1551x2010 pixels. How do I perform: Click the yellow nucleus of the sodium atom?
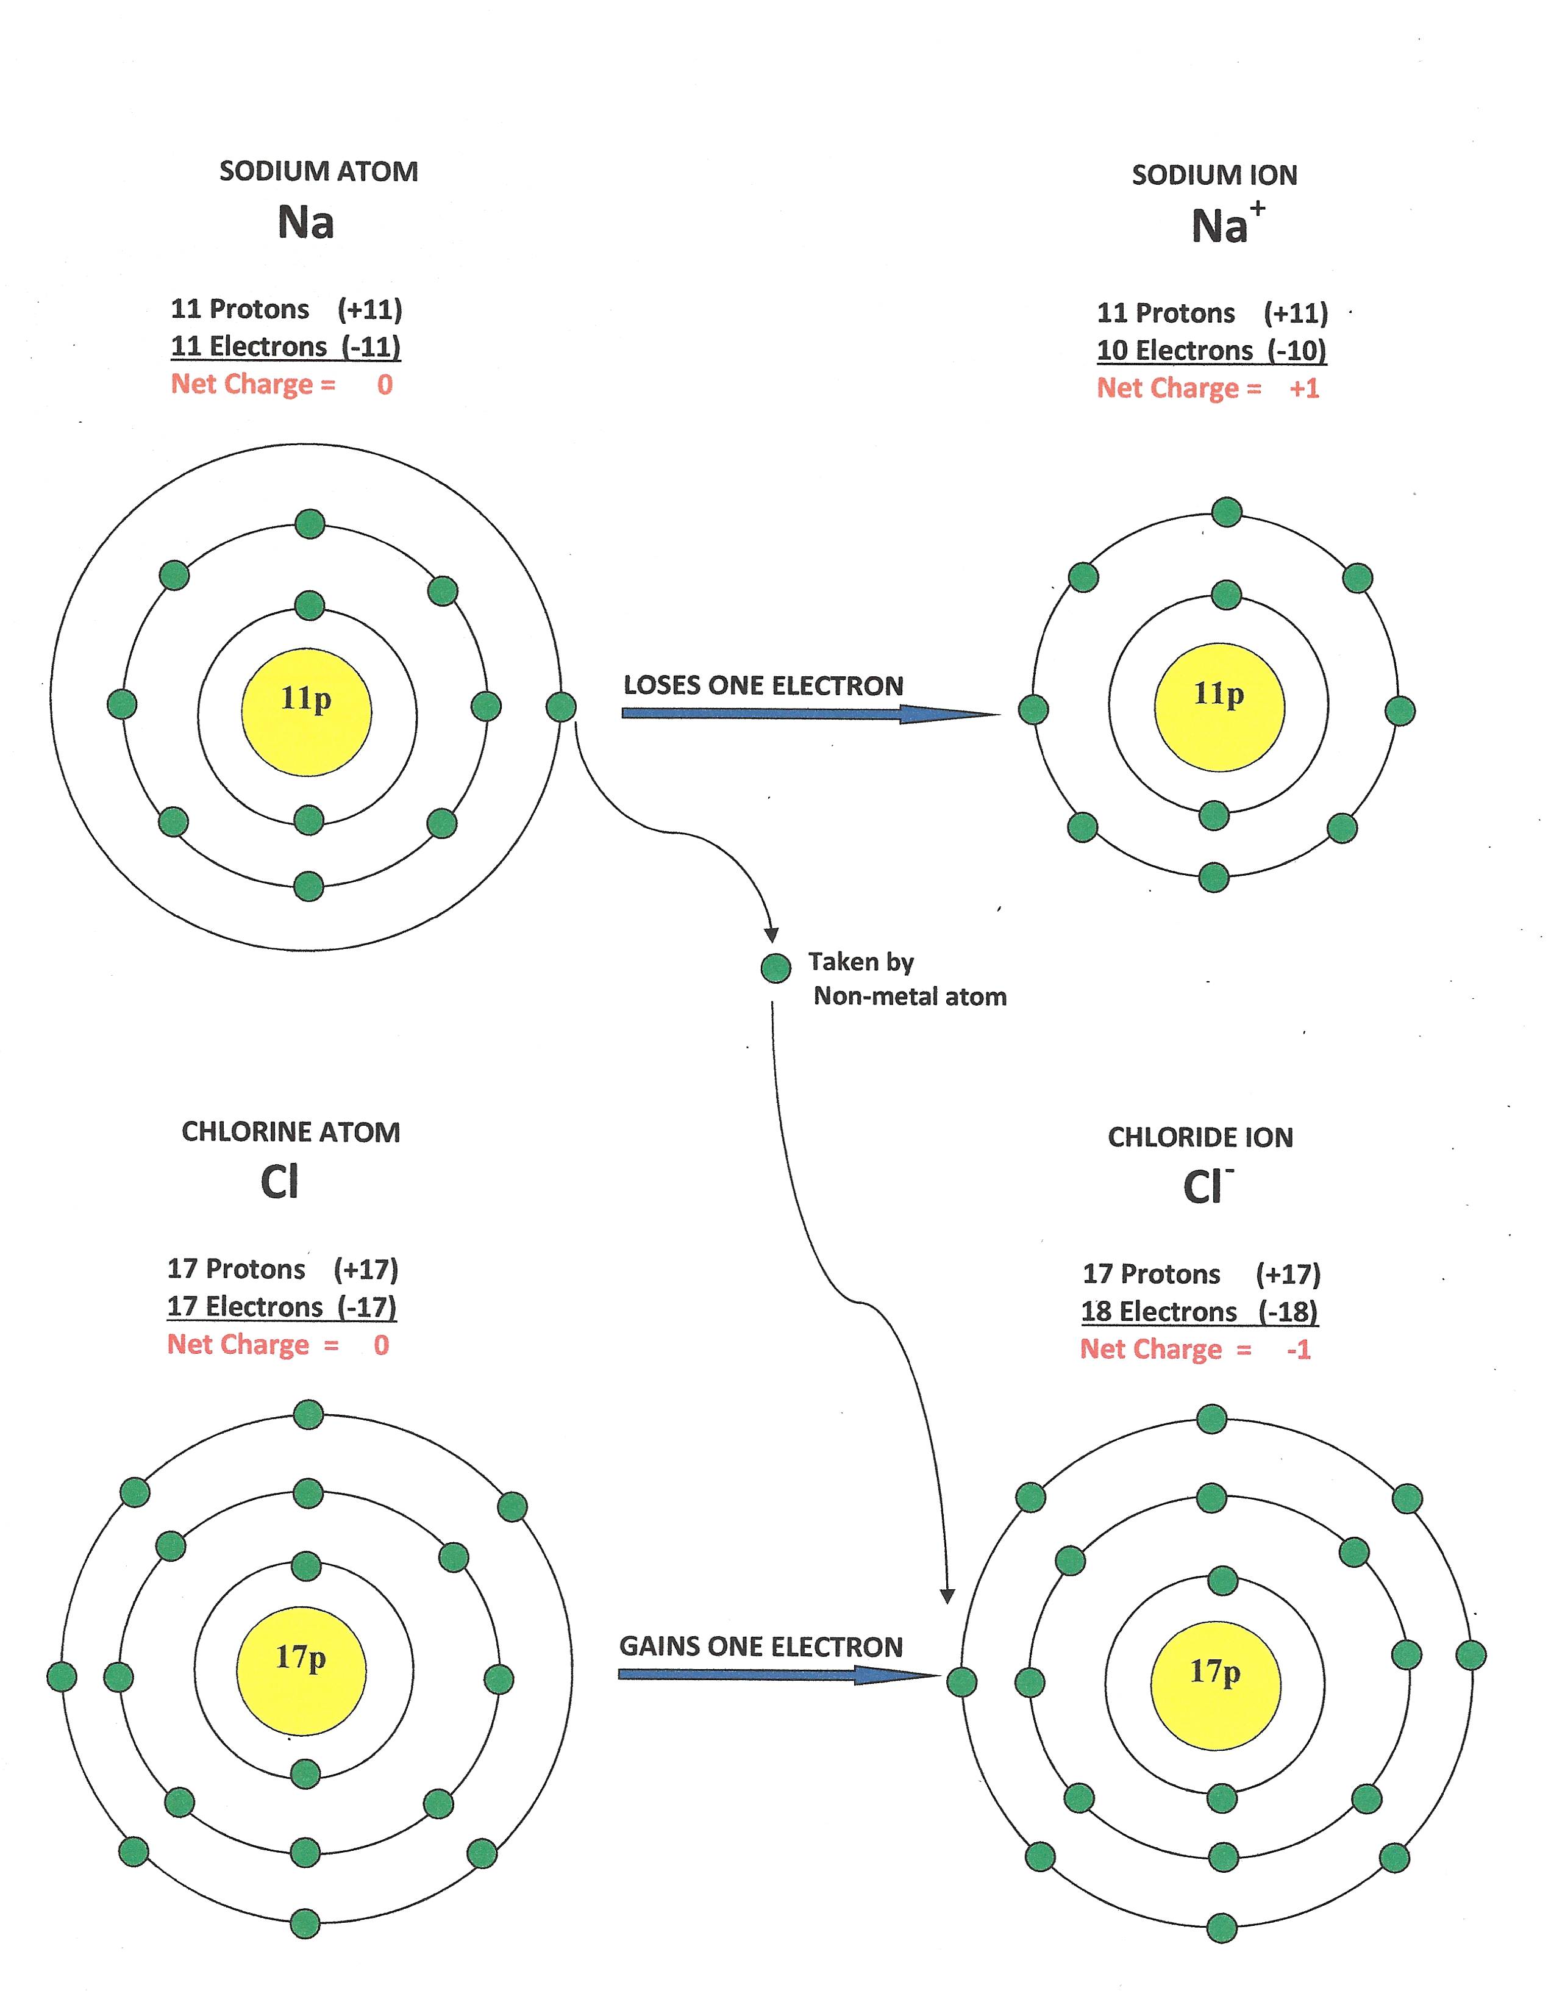pos(306,712)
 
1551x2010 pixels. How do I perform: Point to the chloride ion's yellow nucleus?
pos(1215,1684)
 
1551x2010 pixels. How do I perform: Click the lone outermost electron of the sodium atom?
pos(560,707)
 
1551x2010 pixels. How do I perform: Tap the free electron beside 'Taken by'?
pos(775,967)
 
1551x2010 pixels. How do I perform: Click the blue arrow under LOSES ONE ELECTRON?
pos(810,714)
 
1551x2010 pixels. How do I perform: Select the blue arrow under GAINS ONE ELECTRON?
pos(777,1674)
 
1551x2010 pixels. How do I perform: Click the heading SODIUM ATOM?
pos(318,171)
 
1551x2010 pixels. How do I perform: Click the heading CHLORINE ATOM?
pos(291,1131)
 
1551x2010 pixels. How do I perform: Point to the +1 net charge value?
pos(1303,388)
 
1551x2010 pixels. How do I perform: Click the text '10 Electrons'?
pos(1174,351)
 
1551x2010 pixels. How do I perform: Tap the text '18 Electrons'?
pos(1158,1312)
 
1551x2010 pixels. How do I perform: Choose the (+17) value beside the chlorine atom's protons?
pos(365,1269)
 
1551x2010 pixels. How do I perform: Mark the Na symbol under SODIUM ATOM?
pos(305,222)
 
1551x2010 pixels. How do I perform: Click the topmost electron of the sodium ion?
pos(1226,512)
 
